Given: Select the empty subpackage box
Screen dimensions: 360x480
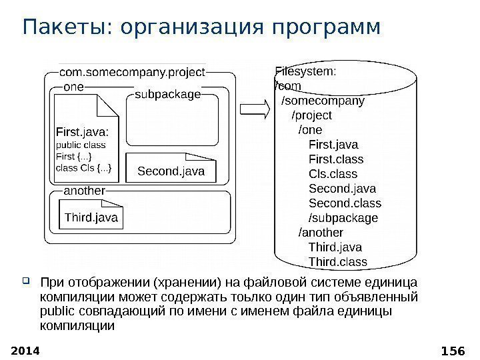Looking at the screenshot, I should [172, 123].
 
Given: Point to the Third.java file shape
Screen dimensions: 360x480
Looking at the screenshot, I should [91, 216].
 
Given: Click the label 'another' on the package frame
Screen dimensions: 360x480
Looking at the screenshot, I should [84, 191].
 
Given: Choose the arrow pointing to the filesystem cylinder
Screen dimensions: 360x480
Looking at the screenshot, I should [253, 110].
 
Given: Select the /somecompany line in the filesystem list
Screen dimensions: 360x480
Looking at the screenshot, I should [323, 101].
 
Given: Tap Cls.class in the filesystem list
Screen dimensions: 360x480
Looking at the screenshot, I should [333, 174].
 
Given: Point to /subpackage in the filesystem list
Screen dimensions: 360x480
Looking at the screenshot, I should [343, 218].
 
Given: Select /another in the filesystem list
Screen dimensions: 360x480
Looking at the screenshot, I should [321, 233].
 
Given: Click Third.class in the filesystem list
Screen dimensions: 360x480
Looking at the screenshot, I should [337, 262].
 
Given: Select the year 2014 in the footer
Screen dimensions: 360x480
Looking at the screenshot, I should [26, 349].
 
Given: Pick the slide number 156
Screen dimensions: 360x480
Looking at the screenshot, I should [455, 349].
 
